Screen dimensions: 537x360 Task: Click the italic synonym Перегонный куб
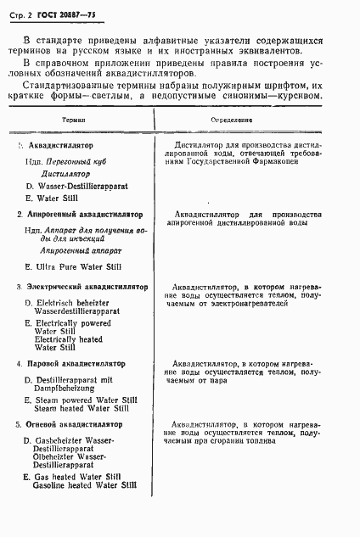click(x=77, y=159)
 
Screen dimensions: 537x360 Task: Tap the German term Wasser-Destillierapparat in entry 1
click(x=83, y=184)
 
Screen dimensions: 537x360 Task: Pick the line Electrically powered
click(x=76, y=324)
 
